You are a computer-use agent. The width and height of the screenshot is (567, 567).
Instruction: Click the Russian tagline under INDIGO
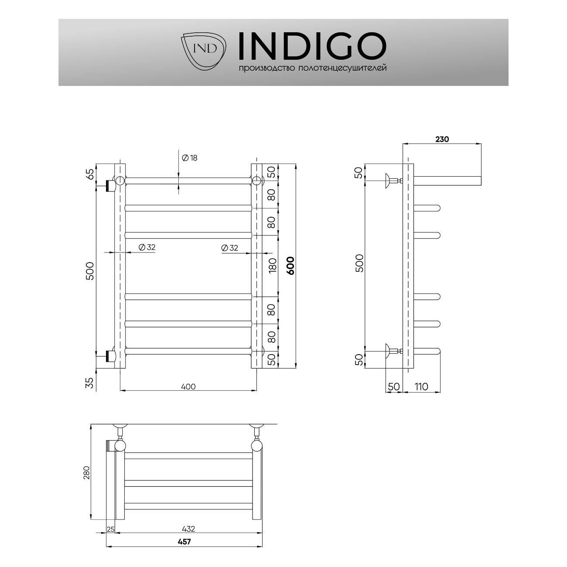[x=312, y=68]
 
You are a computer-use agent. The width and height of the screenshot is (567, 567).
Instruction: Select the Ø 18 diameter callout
[x=188, y=158]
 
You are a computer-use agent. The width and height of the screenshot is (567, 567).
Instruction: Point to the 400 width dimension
[x=188, y=386]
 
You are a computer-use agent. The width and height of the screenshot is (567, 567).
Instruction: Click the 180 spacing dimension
[x=273, y=265]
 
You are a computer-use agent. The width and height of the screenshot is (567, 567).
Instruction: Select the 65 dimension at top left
[x=90, y=174]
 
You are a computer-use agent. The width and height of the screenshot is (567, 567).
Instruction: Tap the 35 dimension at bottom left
[x=90, y=383]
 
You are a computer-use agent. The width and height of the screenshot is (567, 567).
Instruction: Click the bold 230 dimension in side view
[x=442, y=140]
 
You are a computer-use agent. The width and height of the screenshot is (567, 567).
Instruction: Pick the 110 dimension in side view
[x=421, y=386]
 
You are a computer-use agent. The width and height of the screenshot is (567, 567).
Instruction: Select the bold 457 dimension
[x=184, y=542]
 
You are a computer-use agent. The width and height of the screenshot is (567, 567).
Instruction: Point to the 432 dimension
[x=188, y=529]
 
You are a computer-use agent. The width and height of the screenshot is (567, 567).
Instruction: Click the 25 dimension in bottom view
[x=110, y=529]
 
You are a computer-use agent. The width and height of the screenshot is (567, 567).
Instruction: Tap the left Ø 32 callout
[x=147, y=247]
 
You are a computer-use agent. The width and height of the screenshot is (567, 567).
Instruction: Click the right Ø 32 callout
[x=229, y=248]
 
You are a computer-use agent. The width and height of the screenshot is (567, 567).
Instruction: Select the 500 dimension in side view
[x=359, y=263]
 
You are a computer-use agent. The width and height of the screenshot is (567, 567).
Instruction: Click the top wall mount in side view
[x=388, y=180]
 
